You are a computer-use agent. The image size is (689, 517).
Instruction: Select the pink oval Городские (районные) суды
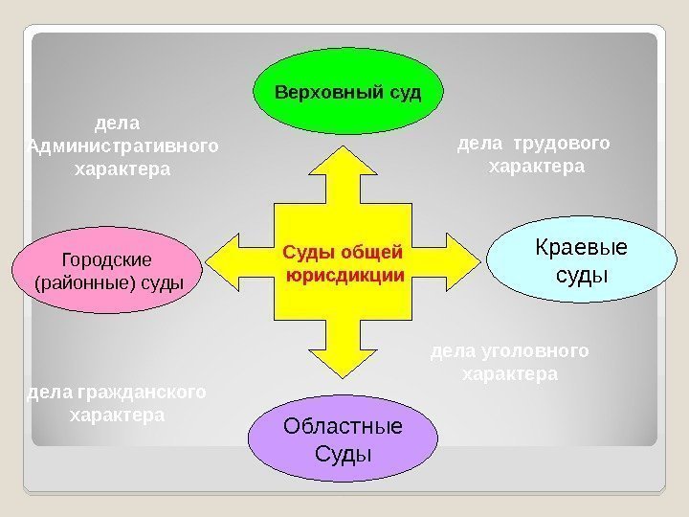[x=107, y=270]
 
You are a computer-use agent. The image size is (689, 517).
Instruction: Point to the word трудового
[x=561, y=145]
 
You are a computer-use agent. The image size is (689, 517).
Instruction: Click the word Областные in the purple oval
[x=343, y=426]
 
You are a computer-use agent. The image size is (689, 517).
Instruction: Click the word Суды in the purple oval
[x=343, y=452]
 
